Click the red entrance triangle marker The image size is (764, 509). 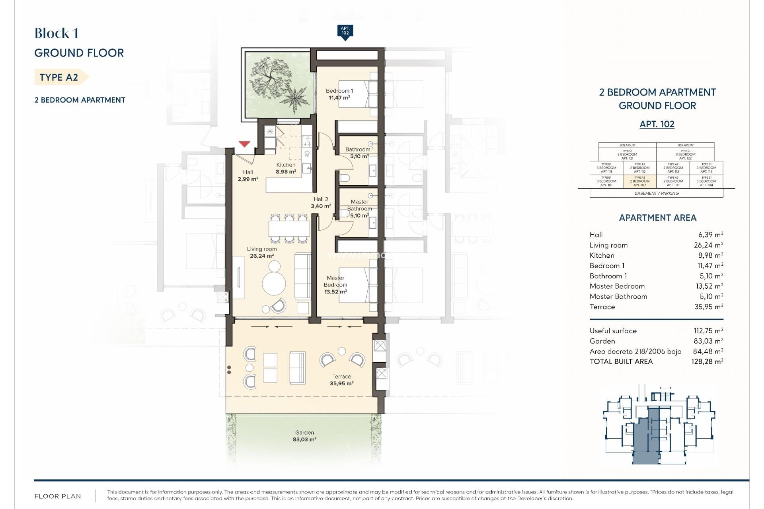click(x=244, y=144)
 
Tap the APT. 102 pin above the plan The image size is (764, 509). click(x=345, y=31)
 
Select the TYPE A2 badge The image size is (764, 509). click(x=60, y=77)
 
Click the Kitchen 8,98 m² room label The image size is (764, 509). click(x=286, y=168)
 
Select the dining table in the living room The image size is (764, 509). click(x=289, y=229)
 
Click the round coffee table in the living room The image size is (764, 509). click(x=274, y=284)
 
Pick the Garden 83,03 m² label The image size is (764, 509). click(x=304, y=436)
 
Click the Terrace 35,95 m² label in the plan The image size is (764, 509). click(x=341, y=380)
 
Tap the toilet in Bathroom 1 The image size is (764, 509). click(x=345, y=177)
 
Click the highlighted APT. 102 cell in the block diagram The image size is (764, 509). click(x=639, y=181)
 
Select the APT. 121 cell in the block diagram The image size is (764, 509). click(x=627, y=154)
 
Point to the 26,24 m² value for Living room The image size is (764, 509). click(x=708, y=245)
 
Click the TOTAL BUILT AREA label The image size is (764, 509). click(x=621, y=361)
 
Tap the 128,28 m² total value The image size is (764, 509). click(x=707, y=361)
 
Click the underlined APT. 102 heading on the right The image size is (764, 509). click(x=657, y=124)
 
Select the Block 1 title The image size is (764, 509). click(x=57, y=33)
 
